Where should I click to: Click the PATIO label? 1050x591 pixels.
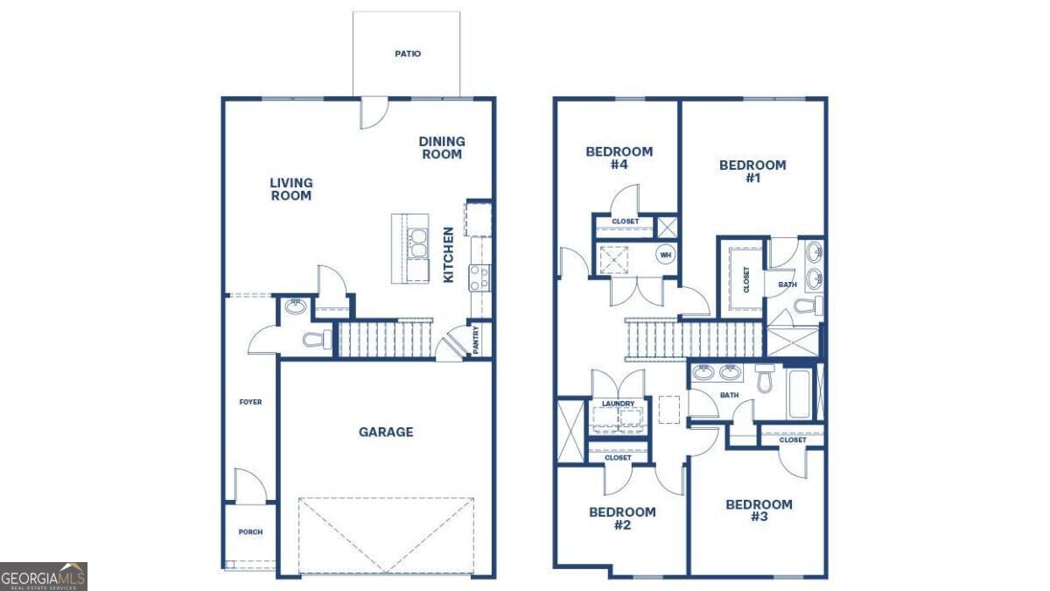coord(408,54)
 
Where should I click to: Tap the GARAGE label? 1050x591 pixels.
coord(386,432)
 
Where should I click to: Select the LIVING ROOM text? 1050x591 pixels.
coord(291,189)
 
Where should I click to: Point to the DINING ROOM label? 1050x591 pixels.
coord(442,148)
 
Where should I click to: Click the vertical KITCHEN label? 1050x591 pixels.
coord(449,255)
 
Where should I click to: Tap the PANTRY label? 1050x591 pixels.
coord(476,340)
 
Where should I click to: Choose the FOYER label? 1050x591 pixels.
coord(250,402)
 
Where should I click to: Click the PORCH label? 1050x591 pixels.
coord(250,532)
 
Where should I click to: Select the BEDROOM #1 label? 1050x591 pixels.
coord(752,172)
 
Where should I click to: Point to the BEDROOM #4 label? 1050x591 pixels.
coord(619,158)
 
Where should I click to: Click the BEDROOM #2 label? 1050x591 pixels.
coord(622,518)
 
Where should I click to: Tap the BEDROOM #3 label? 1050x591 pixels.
coord(759,510)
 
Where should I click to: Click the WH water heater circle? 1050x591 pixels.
coord(666,255)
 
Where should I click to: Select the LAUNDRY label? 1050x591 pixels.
coord(618,404)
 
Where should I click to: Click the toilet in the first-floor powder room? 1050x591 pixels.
coord(317,339)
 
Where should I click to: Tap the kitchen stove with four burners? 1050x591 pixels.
coord(480,278)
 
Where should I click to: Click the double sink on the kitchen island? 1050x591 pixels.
coord(417,243)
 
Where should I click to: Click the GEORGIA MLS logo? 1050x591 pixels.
coord(43,576)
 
